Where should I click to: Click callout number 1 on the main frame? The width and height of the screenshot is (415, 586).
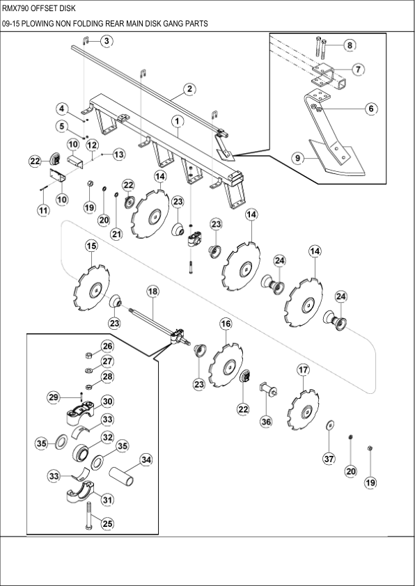[178, 121]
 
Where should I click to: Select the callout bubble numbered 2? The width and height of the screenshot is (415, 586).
[188, 89]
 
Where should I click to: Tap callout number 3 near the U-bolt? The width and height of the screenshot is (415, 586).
[106, 42]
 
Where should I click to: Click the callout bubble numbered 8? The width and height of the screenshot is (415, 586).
[350, 45]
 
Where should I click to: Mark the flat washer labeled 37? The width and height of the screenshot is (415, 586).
[329, 425]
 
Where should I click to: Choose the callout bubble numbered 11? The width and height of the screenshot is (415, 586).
[43, 209]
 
